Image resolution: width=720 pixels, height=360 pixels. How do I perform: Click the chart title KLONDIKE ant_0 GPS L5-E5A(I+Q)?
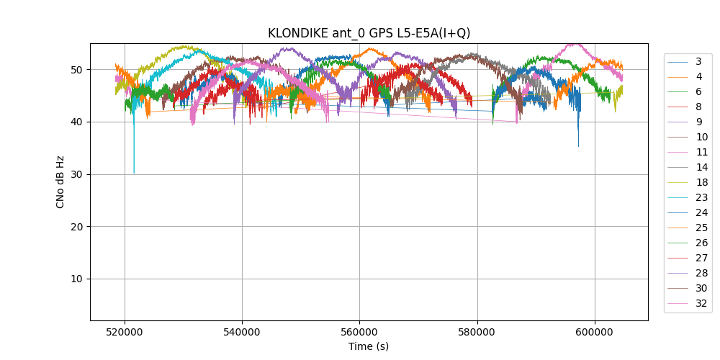369,33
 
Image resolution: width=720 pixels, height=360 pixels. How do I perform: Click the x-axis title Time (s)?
369,346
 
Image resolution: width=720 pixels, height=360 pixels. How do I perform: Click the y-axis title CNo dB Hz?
60,181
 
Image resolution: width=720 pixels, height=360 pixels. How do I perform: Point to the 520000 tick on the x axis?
125,333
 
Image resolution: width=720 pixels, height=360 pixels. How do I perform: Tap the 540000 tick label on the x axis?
242,333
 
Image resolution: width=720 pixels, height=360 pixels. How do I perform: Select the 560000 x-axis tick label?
359,333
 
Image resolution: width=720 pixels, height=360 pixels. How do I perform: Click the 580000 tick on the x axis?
477,333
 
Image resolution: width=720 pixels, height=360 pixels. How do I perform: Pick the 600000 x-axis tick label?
595,333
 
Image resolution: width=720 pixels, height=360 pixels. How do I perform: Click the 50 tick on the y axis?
78,70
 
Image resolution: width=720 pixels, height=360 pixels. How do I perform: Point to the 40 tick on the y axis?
78,122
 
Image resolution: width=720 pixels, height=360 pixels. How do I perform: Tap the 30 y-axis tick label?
78,174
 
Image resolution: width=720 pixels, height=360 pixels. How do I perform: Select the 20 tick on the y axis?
78,227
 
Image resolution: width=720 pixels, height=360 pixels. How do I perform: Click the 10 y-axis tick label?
78,279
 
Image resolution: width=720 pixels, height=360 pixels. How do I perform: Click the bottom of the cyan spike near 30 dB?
134,173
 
